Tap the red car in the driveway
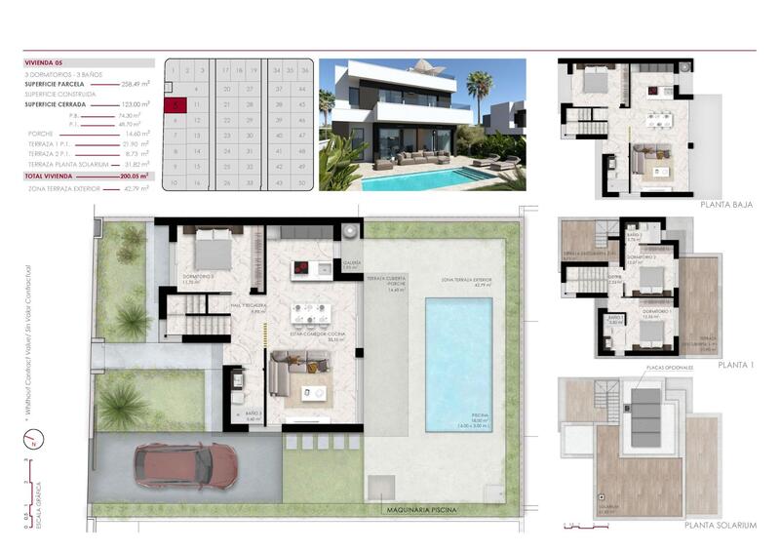[x=185, y=464]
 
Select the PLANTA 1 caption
[x=737, y=364]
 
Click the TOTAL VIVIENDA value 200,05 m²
[x=135, y=177]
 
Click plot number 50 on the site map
[x=304, y=182]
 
